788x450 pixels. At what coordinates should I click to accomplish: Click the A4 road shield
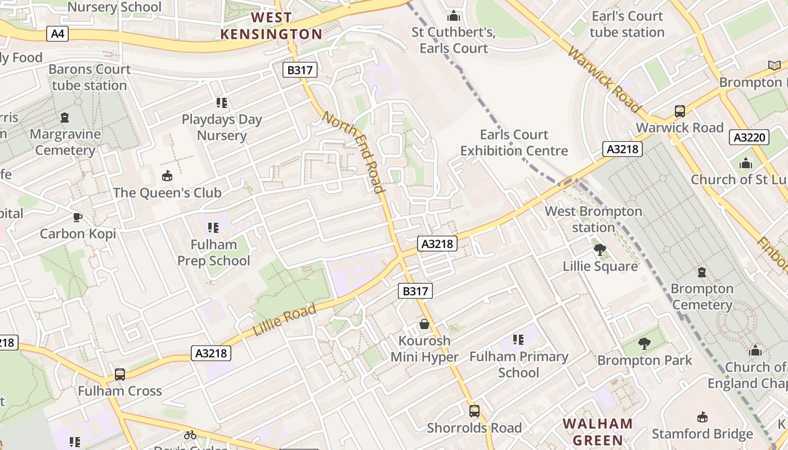pyautogui.click(x=58, y=34)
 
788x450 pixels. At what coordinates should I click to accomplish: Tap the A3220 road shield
pyautogui.click(x=749, y=137)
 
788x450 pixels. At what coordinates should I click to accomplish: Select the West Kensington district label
pyautogui.click(x=271, y=26)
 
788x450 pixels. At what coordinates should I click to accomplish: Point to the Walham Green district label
pyautogui.click(x=598, y=432)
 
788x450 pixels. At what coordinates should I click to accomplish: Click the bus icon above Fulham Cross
pyautogui.click(x=119, y=374)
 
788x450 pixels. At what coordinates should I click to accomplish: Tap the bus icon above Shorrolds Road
pyautogui.click(x=474, y=411)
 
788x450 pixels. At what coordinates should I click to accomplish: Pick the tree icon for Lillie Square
pyautogui.click(x=600, y=249)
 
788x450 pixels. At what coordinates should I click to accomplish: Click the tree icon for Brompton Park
pyautogui.click(x=644, y=343)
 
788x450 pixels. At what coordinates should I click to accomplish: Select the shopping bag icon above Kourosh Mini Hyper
pyautogui.click(x=424, y=324)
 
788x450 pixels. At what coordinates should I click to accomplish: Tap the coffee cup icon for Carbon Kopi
pyautogui.click(x=78, y=217)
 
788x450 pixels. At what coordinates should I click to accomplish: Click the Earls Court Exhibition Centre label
pyautogui.click(x=514, y=143)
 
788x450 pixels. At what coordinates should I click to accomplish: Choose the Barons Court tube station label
pyautogui.click(x=89, y=77)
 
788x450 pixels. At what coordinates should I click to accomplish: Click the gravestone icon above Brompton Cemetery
pyautogui.click(x=702, y=272)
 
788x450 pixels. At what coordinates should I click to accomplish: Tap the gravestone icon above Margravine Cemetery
pyautogui.click(x=65, y=118)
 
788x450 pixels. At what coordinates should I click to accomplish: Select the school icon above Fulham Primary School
pyautogui.click(x=518, y=340)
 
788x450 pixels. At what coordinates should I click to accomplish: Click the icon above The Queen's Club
pyautogui.click(x=167, y=176)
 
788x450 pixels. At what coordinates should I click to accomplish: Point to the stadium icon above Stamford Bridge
pyautogui.click(x=702, y=417)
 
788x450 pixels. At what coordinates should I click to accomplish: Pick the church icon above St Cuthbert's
pyautogui.click(x=453, y=16)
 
